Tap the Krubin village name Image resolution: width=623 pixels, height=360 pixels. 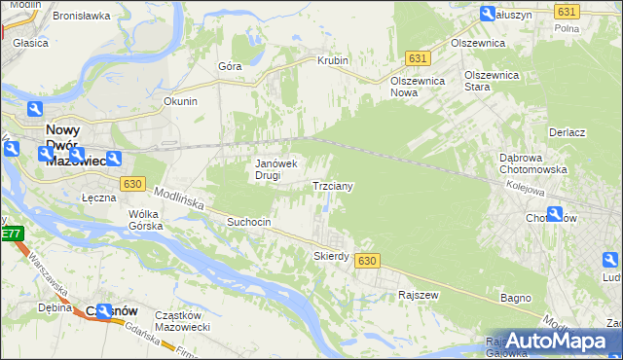pyautogui.click(x=332, y=60)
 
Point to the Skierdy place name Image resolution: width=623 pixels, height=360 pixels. pyautogui.click(x=331, y=256)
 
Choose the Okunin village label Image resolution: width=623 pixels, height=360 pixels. pyautogui.click(x=180, y=100)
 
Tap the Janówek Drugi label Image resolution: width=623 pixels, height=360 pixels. pyautogui.click(x=275, y=169)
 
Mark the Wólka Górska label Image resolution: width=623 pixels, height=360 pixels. pyautogui.click(x=143, y=220)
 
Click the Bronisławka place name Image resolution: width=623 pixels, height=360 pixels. pyautogui.click(x=81, y=16)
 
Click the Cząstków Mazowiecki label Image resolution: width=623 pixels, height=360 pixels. pyautogui.click(x=183, y=322)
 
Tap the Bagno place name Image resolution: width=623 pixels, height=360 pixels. pyautogui.click(x=515, y=297)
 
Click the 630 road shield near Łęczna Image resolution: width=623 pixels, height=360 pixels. pyautogui.click(x=134, y=183)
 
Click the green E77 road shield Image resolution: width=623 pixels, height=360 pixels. pyautogui.click(x=11, y=234)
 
